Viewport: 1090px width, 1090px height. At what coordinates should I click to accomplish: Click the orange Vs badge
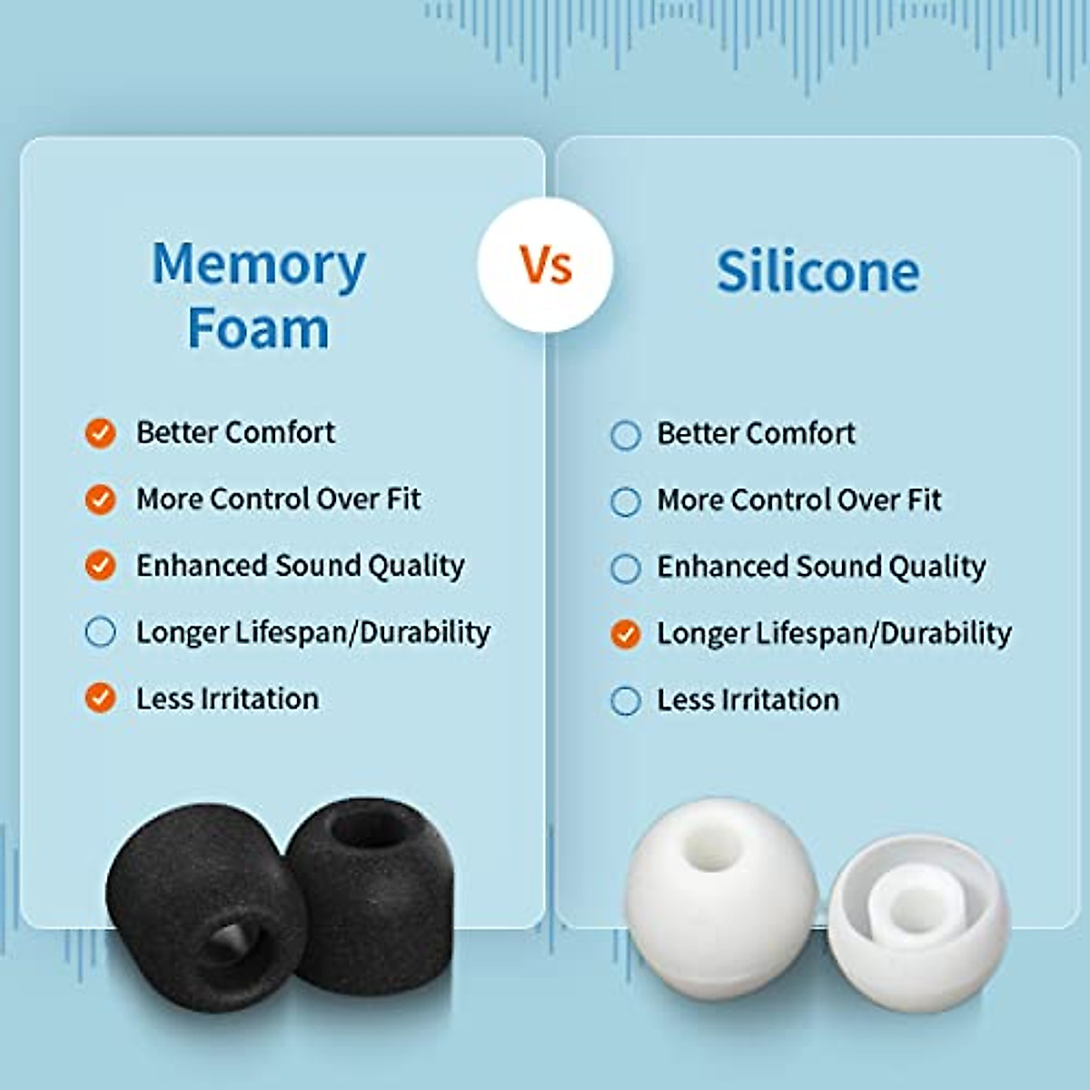coord(545,265)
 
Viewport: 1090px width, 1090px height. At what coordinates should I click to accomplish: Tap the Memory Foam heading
coord(259,295)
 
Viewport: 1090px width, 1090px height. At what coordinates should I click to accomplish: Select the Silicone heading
coord(817,272)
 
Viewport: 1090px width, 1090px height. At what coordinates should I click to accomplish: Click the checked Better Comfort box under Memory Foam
coord(100,433)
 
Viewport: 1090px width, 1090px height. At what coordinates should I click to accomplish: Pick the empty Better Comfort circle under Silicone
coord(626,435)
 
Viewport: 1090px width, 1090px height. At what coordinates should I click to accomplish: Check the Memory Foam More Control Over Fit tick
coord(100,500)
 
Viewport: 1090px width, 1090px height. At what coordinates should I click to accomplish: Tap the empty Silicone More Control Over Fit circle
coord(626,501)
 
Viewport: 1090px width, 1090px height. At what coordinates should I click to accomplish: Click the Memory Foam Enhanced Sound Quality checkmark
coord(100,566)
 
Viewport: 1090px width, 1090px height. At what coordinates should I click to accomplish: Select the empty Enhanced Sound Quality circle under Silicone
coord(626,569)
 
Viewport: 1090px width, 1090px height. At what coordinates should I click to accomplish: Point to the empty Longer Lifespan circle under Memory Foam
coord(100,632)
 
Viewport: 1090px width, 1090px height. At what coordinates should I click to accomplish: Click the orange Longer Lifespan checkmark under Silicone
coord(626,634)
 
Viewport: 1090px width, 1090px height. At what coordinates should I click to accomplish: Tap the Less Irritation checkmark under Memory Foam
coord(100,699)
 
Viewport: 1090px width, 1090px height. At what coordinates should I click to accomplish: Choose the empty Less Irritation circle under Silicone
coord(626,701)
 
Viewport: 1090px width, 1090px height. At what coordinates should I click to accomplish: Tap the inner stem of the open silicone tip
coord(913,908)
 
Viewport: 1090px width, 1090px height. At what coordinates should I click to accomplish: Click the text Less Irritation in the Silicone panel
coord(748,700)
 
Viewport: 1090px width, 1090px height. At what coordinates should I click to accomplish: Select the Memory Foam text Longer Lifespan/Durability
coord(313,632)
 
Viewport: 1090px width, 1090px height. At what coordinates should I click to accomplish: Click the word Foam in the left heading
coord(258,329)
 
